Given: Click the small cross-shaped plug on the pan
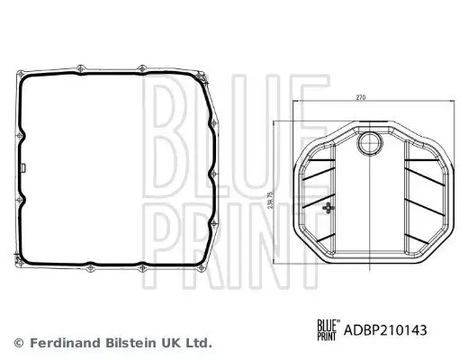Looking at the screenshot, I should (x=328, y=208).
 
